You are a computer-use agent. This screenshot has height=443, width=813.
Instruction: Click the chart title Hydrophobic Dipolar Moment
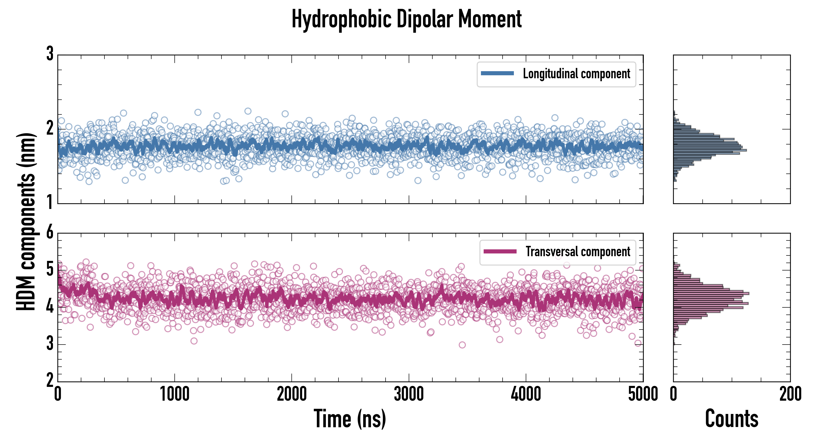[406, 19]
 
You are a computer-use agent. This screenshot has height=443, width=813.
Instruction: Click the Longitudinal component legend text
[576, 74]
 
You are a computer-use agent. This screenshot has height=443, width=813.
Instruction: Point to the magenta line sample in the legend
[500, 252]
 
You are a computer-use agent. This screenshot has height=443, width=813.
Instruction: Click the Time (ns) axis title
[350, 419]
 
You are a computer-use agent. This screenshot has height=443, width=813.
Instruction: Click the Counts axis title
[731, 419]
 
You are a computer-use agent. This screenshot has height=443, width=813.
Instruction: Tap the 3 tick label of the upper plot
[50, 54]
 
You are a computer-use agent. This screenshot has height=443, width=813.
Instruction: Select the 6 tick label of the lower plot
[50, 232]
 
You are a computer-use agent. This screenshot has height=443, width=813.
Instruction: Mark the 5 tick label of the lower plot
[50, 269]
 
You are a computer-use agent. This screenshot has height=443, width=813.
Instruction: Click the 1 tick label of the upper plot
[50, 202]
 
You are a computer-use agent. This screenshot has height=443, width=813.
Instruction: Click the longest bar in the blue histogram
[710, 150]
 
